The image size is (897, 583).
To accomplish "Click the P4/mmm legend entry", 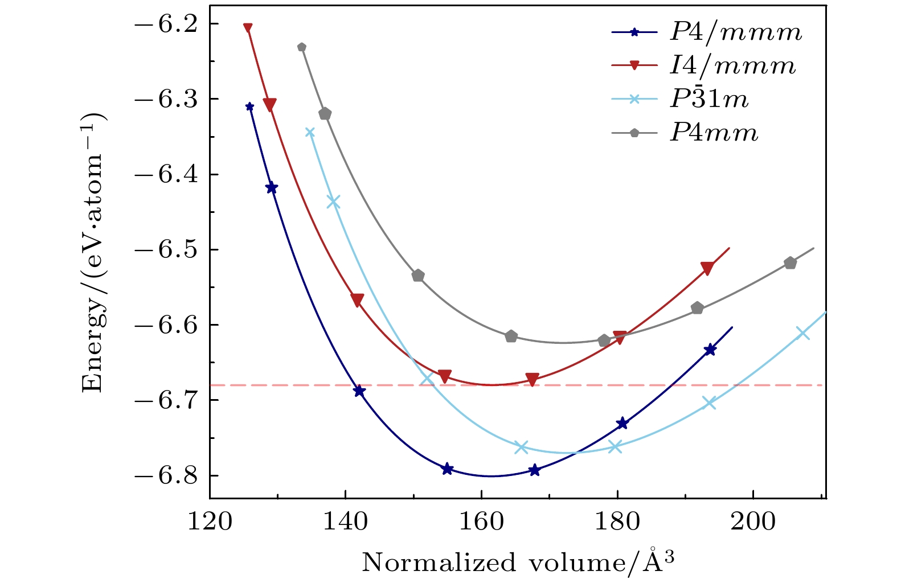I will (735, 32).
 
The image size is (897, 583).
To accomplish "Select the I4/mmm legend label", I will (732, 66).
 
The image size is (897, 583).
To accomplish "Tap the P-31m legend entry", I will (708, 100).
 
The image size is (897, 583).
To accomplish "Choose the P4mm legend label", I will (714, 133).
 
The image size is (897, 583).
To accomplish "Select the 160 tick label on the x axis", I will (481, 522).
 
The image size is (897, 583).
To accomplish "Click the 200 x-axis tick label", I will (753, 522).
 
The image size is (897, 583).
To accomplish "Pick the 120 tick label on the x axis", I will (210, 522).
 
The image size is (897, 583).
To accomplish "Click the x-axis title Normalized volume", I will (518, 563).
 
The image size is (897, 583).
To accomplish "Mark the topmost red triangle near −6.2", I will (248, 28).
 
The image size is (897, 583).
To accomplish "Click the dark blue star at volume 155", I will (448, 469).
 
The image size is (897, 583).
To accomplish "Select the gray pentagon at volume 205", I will (790, 263).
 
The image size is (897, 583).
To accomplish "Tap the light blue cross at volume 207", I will (802, 333).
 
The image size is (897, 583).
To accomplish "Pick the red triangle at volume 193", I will (707, 269).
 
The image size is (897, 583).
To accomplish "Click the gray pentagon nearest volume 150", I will (418, 276).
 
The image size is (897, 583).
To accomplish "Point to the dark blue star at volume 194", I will (710, 350).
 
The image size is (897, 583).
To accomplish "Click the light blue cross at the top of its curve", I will (310, 133).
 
